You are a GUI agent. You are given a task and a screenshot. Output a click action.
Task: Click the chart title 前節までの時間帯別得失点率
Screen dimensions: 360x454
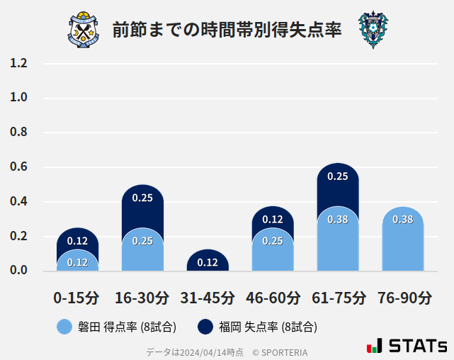(227, 30)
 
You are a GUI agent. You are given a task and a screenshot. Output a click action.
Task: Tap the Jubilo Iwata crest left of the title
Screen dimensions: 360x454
(84, 30)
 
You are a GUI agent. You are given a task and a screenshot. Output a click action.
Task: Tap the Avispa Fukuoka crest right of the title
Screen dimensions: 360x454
(373, 30)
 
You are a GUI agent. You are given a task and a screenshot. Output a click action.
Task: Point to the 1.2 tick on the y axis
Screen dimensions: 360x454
(18, 63)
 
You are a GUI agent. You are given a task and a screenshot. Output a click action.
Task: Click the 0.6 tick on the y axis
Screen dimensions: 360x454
(18, 167)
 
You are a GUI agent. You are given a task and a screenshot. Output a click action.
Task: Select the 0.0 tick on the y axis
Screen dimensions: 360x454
(18, 271)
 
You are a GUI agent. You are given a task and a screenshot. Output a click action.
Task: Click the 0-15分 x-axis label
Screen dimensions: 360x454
(77, 298)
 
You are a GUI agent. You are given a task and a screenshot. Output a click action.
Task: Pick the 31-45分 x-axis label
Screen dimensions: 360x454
(208, 298)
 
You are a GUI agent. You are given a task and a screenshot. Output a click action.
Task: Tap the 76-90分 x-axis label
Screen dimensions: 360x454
(403, 298)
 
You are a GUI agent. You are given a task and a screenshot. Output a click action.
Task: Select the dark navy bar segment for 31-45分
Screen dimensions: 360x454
(208, 261)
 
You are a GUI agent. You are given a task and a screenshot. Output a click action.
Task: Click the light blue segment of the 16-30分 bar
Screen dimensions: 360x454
(142, 249)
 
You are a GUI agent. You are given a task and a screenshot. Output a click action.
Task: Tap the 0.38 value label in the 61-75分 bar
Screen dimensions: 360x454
(338, 220)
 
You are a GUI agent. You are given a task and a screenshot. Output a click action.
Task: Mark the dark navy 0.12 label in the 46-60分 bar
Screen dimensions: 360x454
(273, 220)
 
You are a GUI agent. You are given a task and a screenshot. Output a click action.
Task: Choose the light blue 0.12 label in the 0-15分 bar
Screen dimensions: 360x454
(77, 263)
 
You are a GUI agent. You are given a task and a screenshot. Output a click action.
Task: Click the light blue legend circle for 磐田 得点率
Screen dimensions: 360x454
(65, 327)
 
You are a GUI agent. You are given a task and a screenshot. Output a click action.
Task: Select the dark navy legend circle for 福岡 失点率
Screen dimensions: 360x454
(205, 327)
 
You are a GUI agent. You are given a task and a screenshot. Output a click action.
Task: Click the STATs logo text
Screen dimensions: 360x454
(418, 346)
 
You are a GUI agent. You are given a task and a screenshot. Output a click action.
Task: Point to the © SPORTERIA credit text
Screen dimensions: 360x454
(280, 351)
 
